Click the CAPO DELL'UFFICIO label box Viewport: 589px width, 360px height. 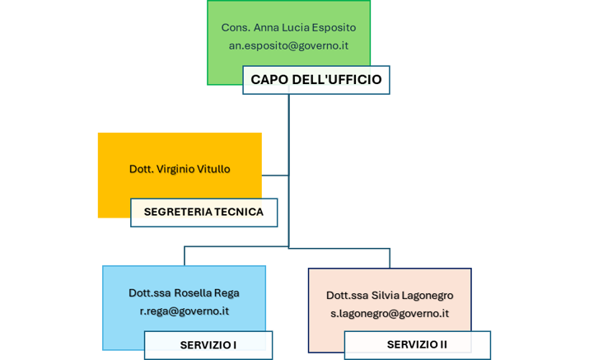click(x=316, y=81)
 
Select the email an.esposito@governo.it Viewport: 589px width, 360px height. click(x=288, y=46)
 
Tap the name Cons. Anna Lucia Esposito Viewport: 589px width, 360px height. click(x=288, y=28)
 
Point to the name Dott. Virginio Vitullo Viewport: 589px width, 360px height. click(x=180, y=169)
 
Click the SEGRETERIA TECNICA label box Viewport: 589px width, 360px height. click(x=203, y=212)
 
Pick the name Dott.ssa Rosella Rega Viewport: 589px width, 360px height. click(x=185, y=293)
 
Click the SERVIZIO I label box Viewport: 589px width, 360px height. click(x=208, y=345)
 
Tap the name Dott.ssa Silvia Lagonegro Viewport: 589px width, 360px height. click(x=390, y=296)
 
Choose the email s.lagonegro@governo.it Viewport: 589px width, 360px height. click(x=390, y=314)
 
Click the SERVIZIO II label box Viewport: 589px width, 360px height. click(x=417, y=345)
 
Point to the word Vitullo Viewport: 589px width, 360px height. click(x=212, y=169)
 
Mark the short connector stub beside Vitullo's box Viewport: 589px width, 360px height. click(x=275, y=175)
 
